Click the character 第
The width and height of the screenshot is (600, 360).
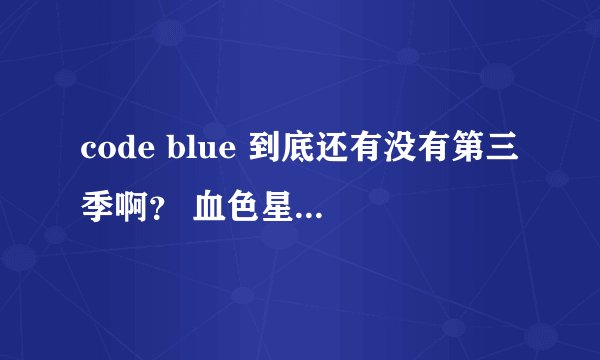(468, 150)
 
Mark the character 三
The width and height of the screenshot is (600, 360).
(502, 150)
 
